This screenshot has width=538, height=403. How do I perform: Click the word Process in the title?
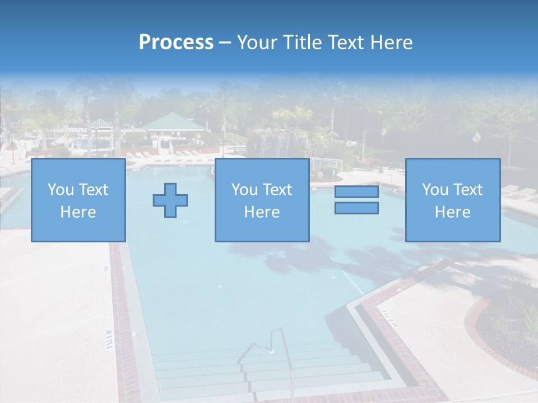click(176, 43)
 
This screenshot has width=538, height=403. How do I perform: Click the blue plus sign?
click(170, 200)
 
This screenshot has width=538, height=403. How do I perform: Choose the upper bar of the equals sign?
click(356, 192)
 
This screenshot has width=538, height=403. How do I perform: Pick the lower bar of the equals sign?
click(356, 208)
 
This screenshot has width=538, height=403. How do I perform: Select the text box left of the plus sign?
click(78, 200)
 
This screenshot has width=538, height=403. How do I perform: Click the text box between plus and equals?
click(262, 200)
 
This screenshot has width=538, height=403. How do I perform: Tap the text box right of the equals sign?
click(453, 200)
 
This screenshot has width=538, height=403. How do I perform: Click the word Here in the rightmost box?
click(453, 212)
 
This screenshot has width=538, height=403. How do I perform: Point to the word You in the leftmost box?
click(60, 190)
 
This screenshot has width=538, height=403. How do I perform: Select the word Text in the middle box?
click(277, 190)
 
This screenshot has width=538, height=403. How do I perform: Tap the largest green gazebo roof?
click(173, 122)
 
